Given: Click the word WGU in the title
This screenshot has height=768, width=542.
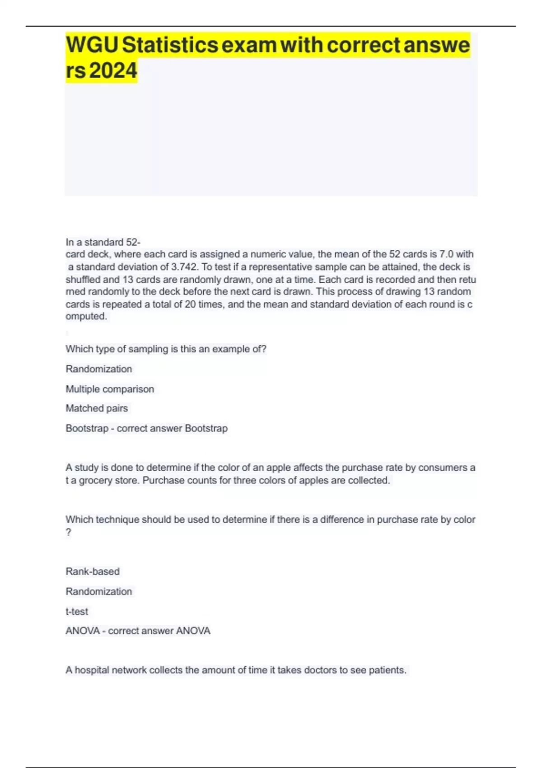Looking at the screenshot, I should pyautogui.click(x=92, y=45).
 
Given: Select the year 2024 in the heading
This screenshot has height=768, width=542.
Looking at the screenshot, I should pyautogui.click(x=113, y=71).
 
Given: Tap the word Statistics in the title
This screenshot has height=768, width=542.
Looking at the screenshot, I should pyautogui.click(x=170, y=45).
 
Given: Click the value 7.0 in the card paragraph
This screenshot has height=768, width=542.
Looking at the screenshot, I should pyautogui.click(x=446, y=254).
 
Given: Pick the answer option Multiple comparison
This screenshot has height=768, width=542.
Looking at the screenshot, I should pyautogui.click(x=110, y=389).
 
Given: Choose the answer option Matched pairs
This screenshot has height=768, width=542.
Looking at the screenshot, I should pyautogui.click(x=97, y=408).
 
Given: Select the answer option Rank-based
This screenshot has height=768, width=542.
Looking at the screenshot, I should pyautogui.click(x=93, y=571).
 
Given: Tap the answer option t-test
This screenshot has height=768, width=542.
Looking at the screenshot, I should pyautogui.click(x=77, y=612).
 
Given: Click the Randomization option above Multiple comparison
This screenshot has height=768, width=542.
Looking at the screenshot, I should pyautogui.click(x=99, y=369).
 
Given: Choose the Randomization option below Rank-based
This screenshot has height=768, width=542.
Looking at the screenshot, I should pyautogui.click(x=99, y=591).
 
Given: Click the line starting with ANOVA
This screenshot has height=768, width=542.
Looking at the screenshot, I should pyautogui.click(x=138, y=631).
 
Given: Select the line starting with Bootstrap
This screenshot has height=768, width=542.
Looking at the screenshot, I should pyautogui.click(x=146, y=428).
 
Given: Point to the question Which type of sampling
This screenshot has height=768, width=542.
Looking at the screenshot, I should pyautogui.click(x=166, y=349).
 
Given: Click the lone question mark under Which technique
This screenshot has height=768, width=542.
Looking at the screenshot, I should pyautogui.click(x=69, y=533).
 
